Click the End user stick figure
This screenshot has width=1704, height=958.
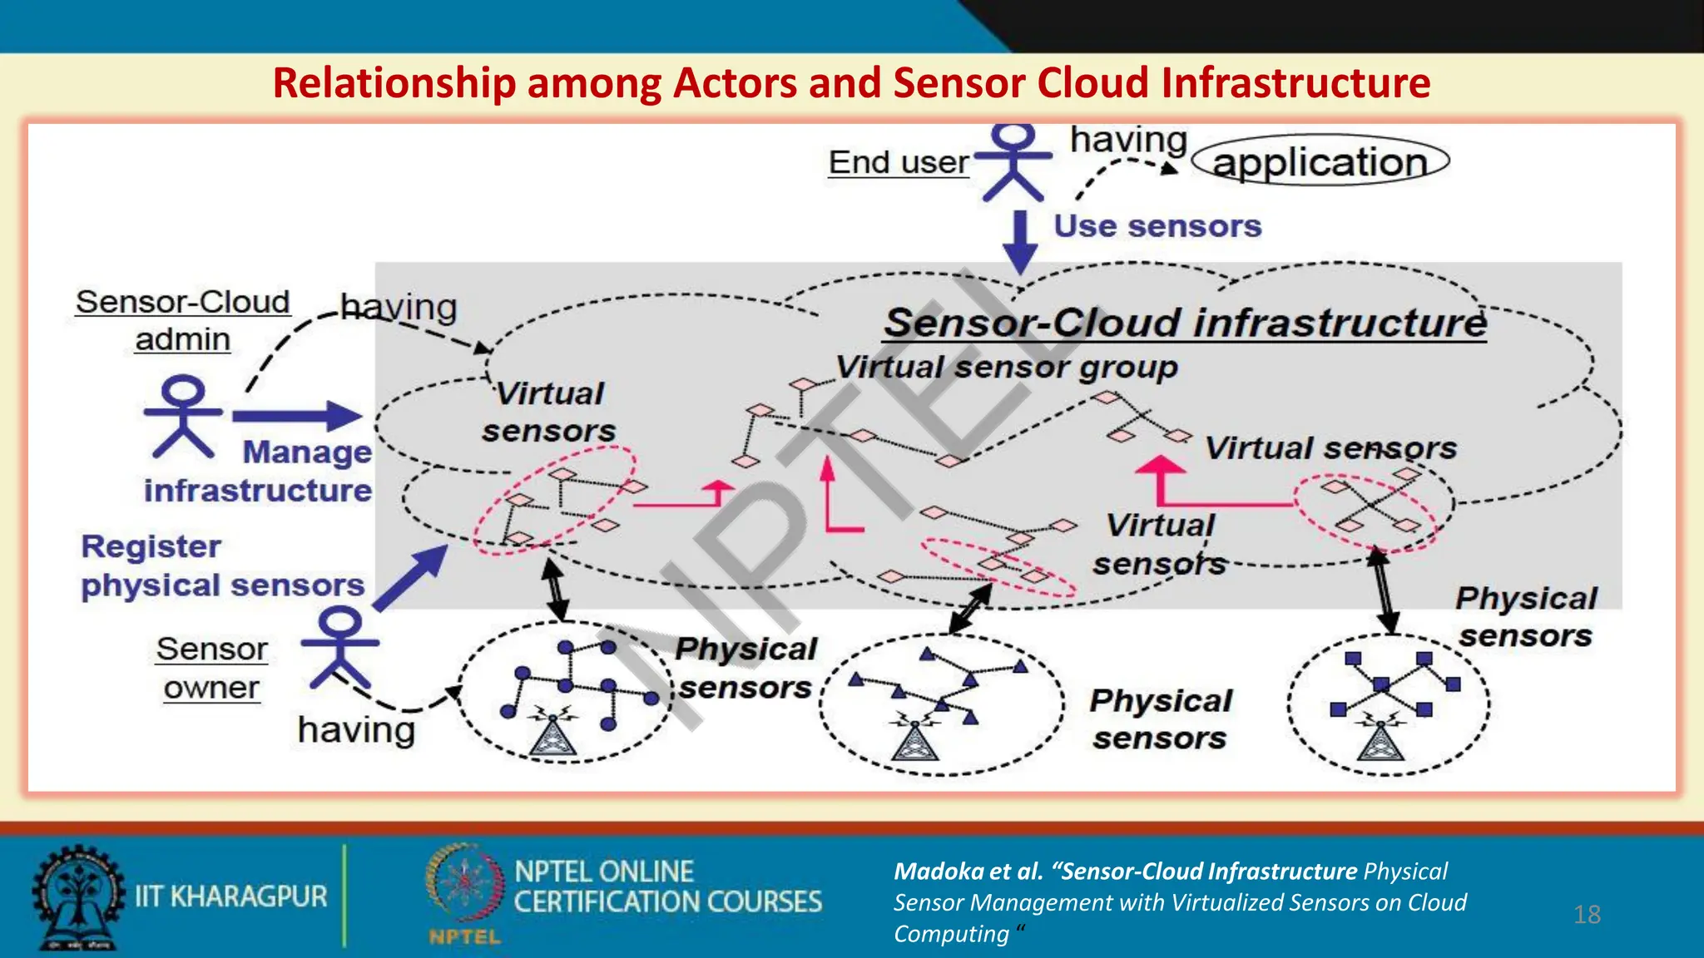[x=1013, y=162]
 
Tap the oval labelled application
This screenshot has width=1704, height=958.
[x=1320, y=161]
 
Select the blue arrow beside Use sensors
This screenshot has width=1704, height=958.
[x=1020, y=241]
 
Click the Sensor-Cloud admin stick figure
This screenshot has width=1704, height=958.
[x=184, y=415]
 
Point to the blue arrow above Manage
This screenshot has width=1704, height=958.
[x=297, y=415]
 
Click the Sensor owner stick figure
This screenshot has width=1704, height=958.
[x=340, y=646]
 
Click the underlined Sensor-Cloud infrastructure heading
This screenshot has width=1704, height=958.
[x=1184, y=323]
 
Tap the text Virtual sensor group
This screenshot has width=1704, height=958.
[x=1006, y=367]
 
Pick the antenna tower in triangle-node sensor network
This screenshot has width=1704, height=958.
[x=915, y=738]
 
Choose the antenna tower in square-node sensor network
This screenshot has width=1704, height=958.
[x=1381, y=738]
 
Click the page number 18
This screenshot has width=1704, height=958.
[x=1587, y=915]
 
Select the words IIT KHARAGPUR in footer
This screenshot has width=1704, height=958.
[x=231, y=896]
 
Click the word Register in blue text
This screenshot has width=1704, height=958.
[x=151, y=546]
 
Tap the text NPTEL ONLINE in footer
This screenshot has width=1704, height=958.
[x=604, y=872]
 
